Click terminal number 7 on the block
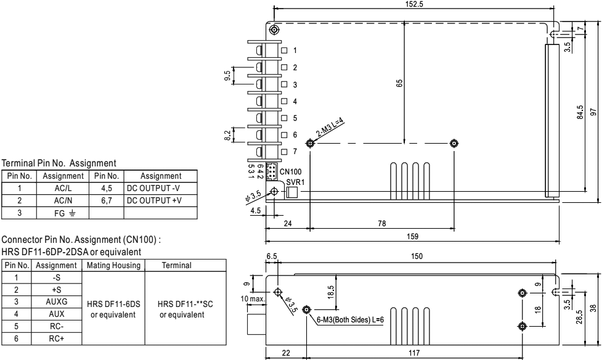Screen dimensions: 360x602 [295, 151]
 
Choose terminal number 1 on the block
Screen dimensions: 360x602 [295, 50]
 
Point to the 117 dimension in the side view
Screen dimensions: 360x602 [417, 352]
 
